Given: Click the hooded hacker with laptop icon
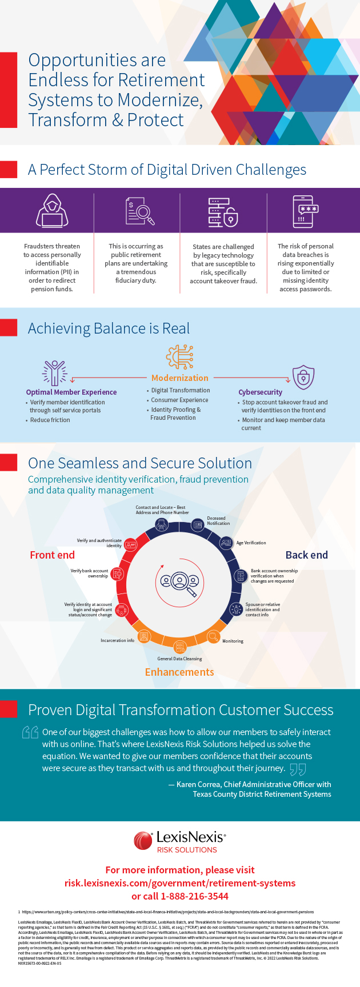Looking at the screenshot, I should click(52, 211).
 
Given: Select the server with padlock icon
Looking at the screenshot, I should click(223, 211).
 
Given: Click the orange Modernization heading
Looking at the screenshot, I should click(179, 378).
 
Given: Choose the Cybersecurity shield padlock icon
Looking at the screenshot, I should click(303, 377).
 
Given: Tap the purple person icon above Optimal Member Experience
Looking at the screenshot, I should click(55, 372).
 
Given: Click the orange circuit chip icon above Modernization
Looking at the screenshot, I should click(179, 357).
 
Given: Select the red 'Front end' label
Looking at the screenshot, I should click(52, 555).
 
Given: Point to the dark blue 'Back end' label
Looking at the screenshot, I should click(306, 555).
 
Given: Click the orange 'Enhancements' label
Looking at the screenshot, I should click(179, 672).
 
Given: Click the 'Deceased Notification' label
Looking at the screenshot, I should click(218, 521).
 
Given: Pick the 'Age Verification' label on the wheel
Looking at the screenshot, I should click(251, 543).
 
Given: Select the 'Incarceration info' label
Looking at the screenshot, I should click(117, 641).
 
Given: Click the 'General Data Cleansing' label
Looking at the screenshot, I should click(179, 659).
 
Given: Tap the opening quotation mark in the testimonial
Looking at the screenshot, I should click(30, 732).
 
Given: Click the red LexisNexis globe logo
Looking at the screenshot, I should click(143, 841).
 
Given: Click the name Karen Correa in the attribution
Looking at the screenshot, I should click(198, 784).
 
